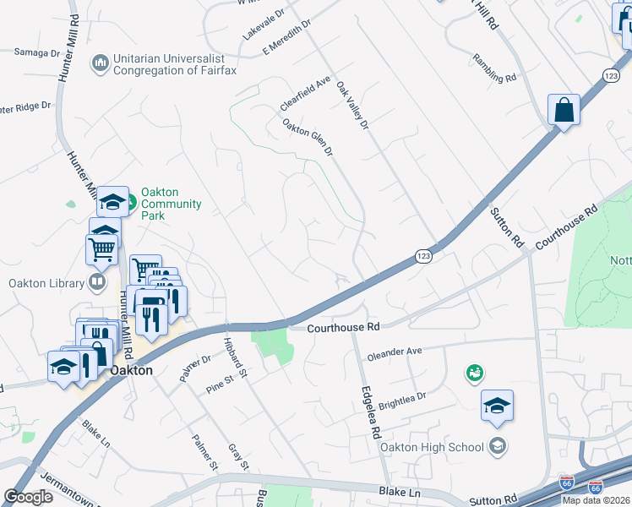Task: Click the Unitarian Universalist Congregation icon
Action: coord(101,63)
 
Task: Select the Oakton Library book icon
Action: coord(98,282)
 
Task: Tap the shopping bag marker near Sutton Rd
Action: coord(564,110)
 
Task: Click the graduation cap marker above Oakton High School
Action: coord(497,406)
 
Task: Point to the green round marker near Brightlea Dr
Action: coord(475,373)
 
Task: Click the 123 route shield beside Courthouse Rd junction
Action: coord(424,255)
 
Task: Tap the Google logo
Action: coord(28,497)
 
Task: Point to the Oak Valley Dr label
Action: coord(353,106)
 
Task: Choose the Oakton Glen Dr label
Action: coord(308,138)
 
